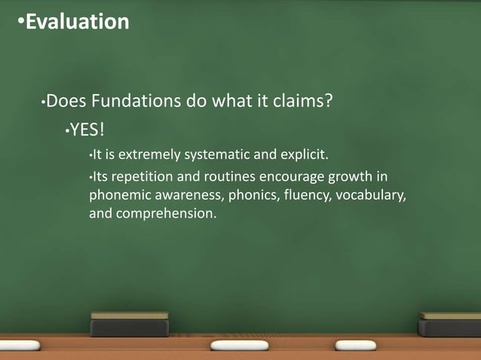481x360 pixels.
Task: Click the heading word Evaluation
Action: point(77,23)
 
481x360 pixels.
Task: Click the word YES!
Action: point(87,131)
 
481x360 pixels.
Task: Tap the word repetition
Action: point(137,178)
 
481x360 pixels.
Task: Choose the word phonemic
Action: point(117,196)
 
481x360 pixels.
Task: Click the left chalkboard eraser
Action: point(130,325)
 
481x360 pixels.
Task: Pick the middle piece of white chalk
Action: point(239,345)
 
